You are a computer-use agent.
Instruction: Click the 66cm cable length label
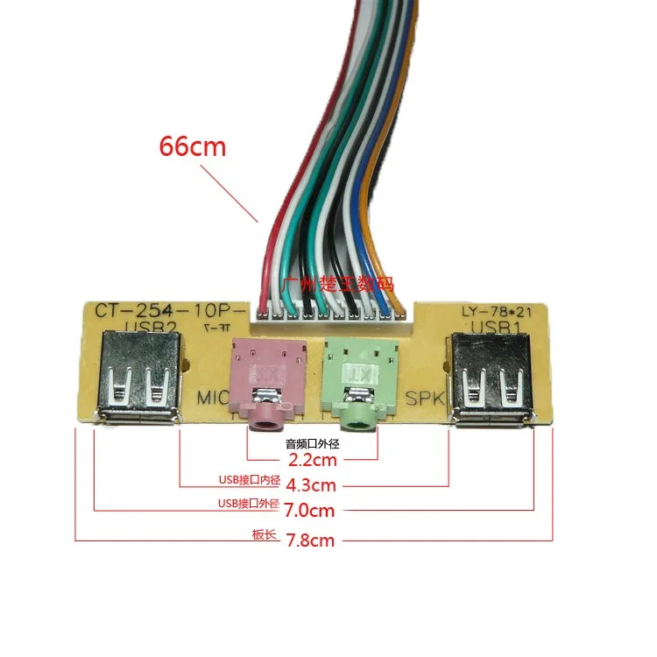(x=192, y=145)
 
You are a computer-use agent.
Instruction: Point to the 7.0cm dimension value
(x=312, y=509)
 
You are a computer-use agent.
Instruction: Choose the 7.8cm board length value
(x=310, y=540)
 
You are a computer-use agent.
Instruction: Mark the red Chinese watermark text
(x=338, y=284)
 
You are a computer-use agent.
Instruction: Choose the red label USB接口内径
(x=248, y=480)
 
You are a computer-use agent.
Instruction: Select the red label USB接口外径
(x=248, y=505)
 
